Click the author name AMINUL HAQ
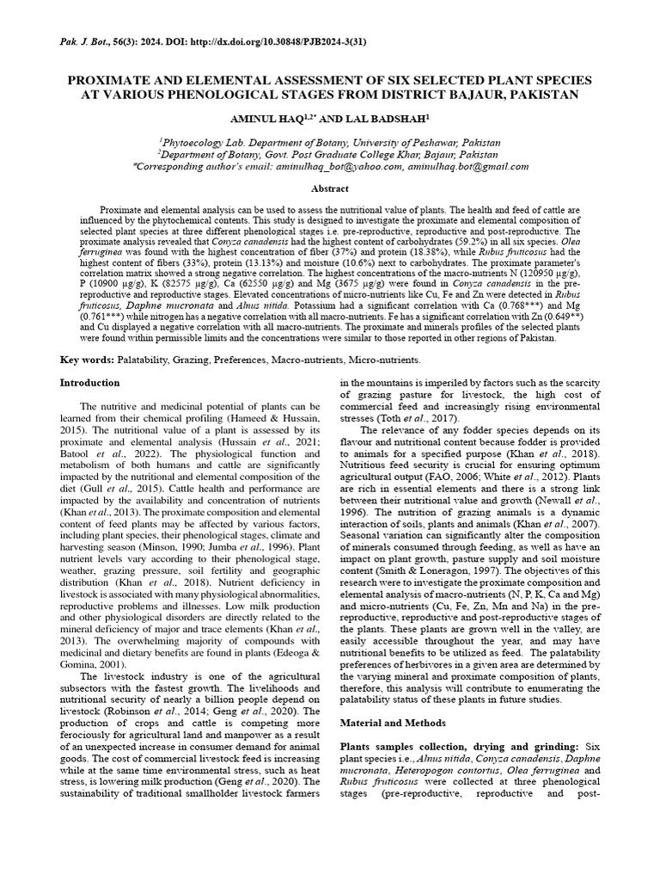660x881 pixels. pyautogui.click(x=268, y=117)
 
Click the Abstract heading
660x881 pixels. pyautogui.click(x=330, y=188)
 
